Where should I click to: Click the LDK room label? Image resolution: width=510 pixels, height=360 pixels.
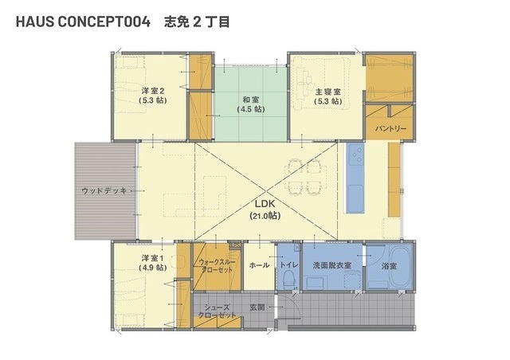coord(265,204)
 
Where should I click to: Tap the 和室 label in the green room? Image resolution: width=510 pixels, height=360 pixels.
coord(251,100)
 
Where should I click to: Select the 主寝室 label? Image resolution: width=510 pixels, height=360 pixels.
coord(328,92)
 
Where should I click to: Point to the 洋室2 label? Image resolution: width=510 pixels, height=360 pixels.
coord(152,91)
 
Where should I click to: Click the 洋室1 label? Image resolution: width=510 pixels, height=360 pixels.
coord(152,258)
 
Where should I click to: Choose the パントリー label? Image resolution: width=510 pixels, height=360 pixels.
coord(390,129)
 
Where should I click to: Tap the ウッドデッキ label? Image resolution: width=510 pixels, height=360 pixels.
coord(104,190)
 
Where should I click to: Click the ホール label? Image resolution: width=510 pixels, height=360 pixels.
coord(259,265)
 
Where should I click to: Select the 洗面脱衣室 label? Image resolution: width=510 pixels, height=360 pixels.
coord(331,265)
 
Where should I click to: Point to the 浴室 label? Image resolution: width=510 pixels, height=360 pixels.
coord(389,266)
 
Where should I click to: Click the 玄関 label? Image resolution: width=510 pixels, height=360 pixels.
coord(257,307)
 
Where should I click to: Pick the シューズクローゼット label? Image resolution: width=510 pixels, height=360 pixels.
coord(218,311)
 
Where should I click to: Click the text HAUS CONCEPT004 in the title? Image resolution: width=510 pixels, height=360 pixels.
coord(83,22)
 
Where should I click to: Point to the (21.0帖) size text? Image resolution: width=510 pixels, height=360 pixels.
coord(265,215)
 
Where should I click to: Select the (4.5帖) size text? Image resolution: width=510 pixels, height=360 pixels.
coord(251,109)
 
